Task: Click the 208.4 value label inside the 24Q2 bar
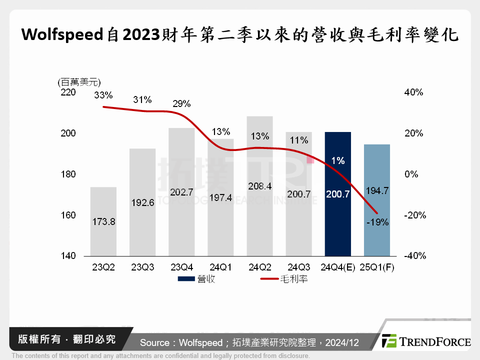(x=259, y=186)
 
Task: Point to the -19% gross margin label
(x=378, y=222)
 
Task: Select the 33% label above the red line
(x=103, y=95)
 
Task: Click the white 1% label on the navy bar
(x=337, y=160)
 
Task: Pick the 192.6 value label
(x=142, y=204)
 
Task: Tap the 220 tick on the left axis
(x=68, y=92)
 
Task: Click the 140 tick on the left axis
(x=68, y=256)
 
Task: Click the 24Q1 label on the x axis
(x=220, y=267)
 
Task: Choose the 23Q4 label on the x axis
(x=181, y=267)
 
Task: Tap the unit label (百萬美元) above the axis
(x=79, y=81)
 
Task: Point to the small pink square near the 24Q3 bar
(x=310, y=159)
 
